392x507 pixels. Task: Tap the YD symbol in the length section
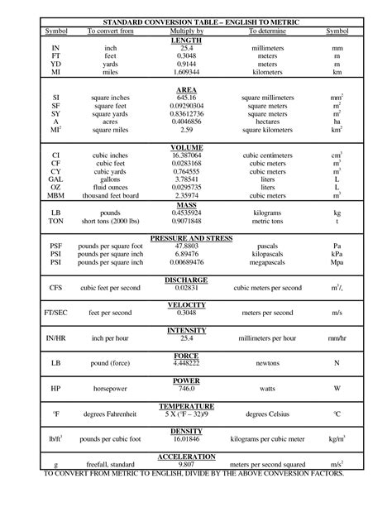point(55,64)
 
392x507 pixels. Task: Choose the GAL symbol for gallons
point(55,179)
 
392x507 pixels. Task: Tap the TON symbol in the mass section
point(55,219)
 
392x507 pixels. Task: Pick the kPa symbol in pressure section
point(337,253)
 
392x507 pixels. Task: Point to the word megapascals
point(266,261)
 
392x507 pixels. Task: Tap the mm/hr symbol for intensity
point(337,338)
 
